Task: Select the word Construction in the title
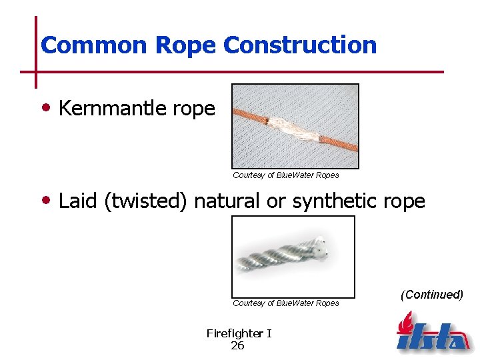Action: pos(301,45)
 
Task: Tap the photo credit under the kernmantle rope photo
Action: pos(285,175)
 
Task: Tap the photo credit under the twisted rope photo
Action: pos(285,303)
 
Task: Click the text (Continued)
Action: pos(431,295)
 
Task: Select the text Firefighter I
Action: pos(239,333)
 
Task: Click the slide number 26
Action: pos(237,345)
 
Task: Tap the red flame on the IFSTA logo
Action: pos(405,324)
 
